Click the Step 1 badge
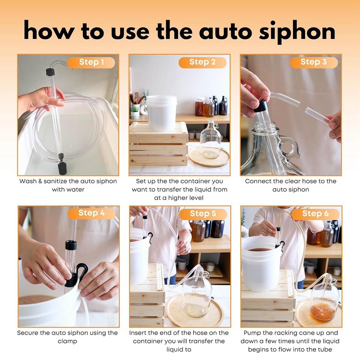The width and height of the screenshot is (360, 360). (x=91, y=63)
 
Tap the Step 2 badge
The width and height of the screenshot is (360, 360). (x=202, y=63)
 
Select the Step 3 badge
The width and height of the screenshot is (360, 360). (x=314, y=63)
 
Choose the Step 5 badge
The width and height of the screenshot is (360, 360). (x=203, y=214)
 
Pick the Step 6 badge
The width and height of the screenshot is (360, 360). (x=315, y=214)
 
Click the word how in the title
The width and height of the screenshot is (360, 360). (x=49, y=31)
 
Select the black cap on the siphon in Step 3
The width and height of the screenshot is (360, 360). (x=261, y=106)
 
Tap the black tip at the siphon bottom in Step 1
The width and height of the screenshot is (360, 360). (x=62, y=168)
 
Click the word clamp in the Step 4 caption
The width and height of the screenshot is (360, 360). (x=67, y=341)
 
